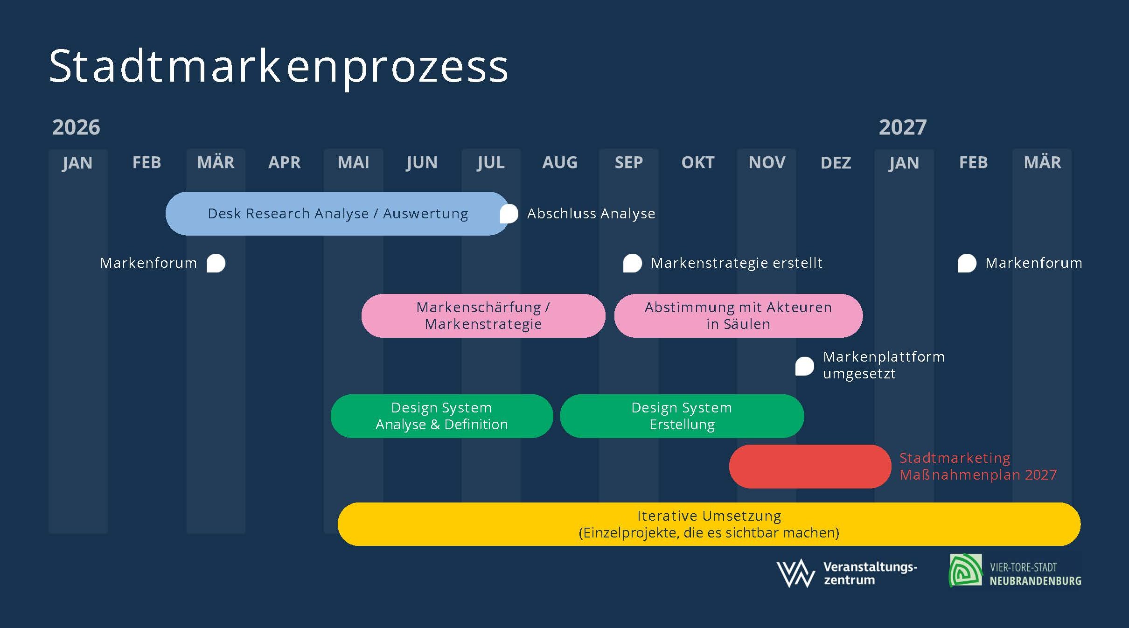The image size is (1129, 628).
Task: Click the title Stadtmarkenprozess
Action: click(x=278, y=66)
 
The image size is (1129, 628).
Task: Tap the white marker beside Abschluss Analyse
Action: click(x=509, y=214)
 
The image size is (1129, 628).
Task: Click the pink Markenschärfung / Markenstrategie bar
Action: click(x=483, y=316)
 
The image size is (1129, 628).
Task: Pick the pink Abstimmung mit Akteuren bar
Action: click(x=738, y=316)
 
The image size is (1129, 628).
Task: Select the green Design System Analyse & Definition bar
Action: click(x=441, y=416)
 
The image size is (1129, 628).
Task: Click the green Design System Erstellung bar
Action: click(x=682, y=416)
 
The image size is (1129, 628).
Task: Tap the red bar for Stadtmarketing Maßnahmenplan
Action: click(x=810, y=467)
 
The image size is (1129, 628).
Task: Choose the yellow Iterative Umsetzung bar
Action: click(x=709, y=524)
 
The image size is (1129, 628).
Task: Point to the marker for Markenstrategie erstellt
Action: click(x=632, y=263)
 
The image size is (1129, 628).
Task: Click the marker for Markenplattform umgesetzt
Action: click(x=804, y=366)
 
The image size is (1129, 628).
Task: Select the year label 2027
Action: click(x=902, y=127)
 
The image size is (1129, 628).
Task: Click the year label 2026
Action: click(x=76, y=127)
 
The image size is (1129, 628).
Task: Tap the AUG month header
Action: click(x=560, y=163)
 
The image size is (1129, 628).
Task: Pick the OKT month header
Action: click(x=697, y=163)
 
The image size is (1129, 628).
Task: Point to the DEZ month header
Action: click(x=836, y=163)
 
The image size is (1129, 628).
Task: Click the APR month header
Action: click(x=284, y=163)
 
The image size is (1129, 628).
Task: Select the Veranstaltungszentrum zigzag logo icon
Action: click(x=795, y=573)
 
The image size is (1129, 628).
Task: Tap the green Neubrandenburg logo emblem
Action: click(x=965, y=570)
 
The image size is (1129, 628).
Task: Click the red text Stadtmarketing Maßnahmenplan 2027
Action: click(x=978, y=467)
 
